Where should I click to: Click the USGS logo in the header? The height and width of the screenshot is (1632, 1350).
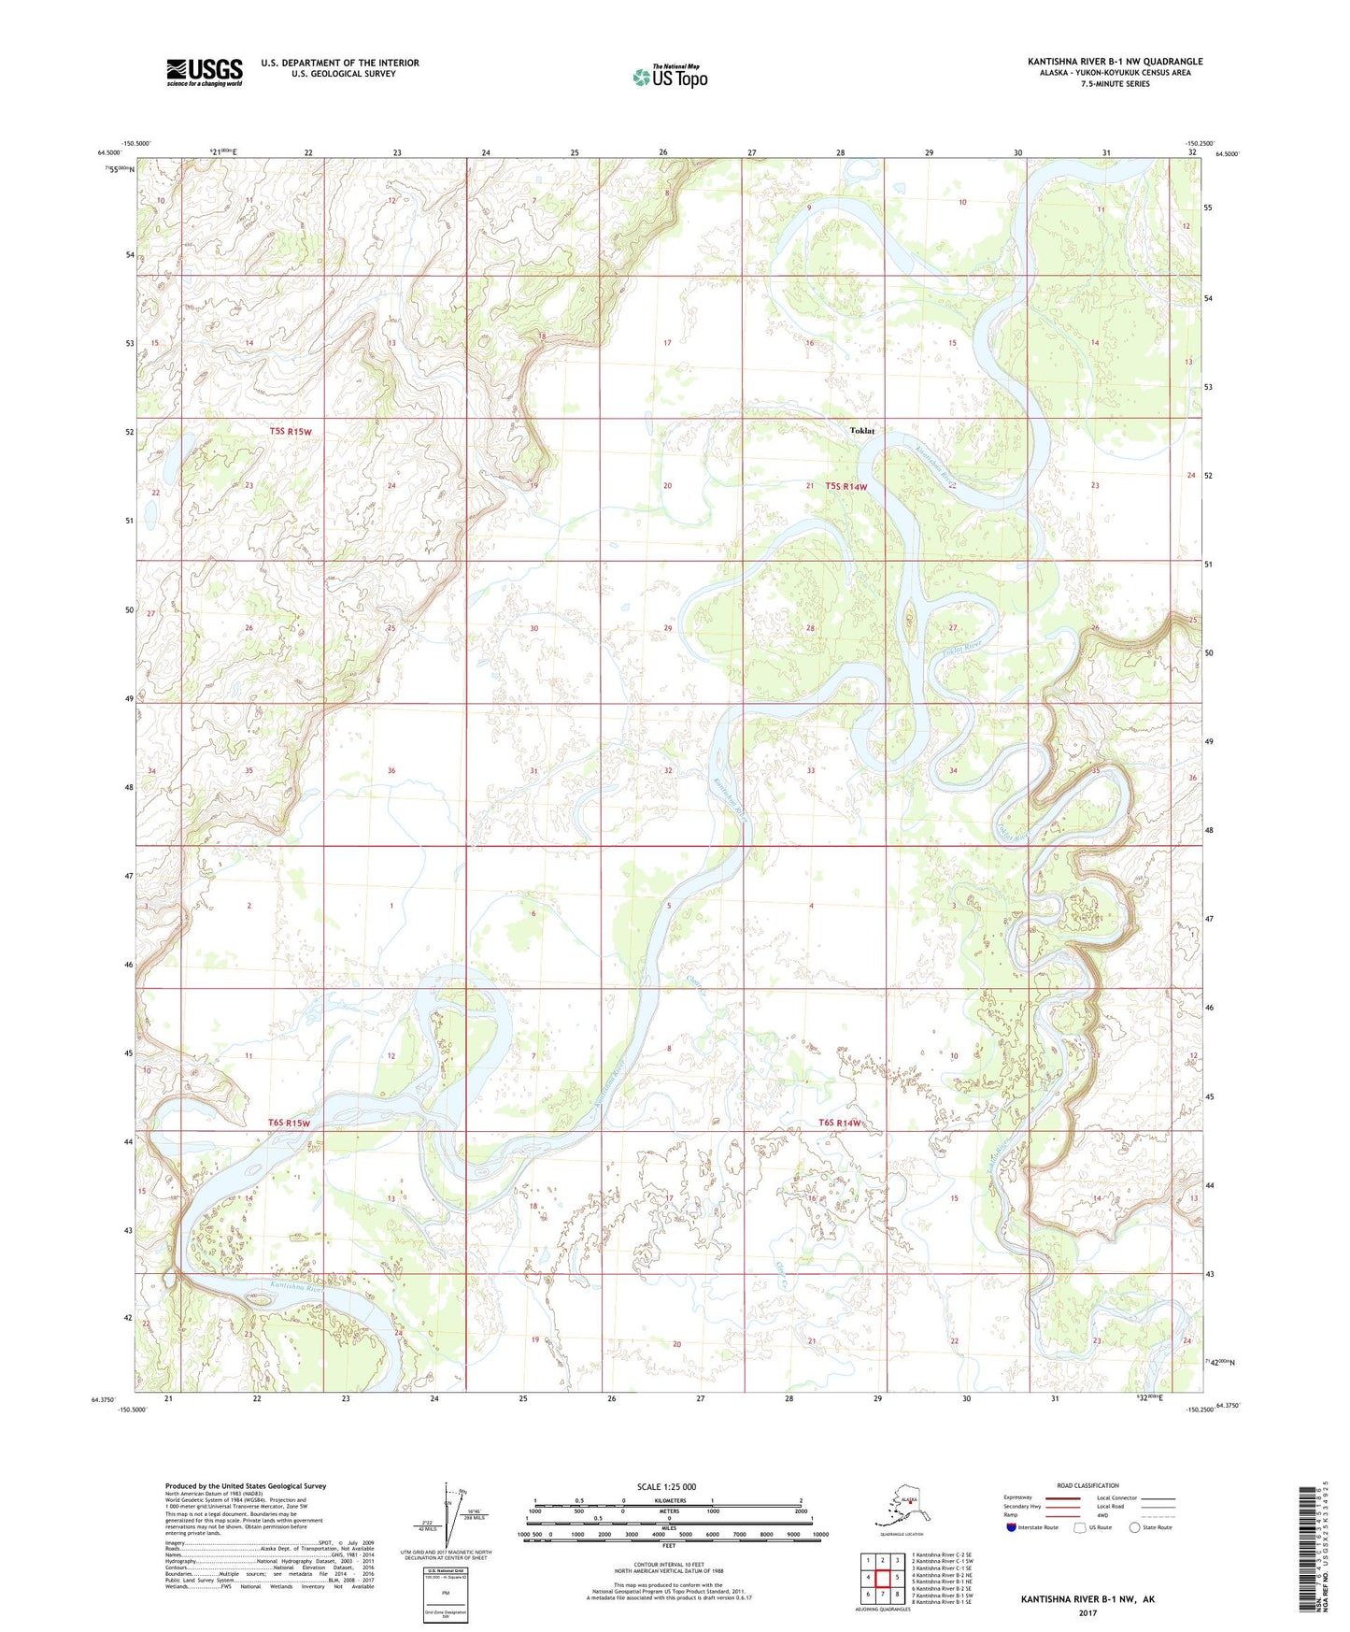click(205, 72)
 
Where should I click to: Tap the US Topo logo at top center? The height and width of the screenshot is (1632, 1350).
click(670, 76)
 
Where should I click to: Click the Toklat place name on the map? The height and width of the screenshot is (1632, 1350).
click(861, 431)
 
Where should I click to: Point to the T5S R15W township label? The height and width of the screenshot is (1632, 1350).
click(290, 432)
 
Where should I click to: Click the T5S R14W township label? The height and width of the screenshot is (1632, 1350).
click(846, 486)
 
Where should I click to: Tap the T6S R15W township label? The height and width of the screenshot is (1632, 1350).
click(289, 1123)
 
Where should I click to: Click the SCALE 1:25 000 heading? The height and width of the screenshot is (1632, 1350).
click(666, 1486)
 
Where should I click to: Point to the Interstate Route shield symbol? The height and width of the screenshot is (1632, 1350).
click(1012, 1527)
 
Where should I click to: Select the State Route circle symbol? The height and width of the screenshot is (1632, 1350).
click(1134, 1527)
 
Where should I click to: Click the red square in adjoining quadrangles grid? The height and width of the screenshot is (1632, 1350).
click(882, 1578)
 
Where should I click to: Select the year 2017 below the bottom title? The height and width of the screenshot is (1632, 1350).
click(1087, 1612)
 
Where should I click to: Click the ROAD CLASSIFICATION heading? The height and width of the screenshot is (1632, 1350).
click(1087, 1485)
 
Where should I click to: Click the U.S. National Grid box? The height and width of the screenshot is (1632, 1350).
click(445, 1595)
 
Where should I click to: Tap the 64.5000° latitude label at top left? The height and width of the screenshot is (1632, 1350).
click(109, 153)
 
